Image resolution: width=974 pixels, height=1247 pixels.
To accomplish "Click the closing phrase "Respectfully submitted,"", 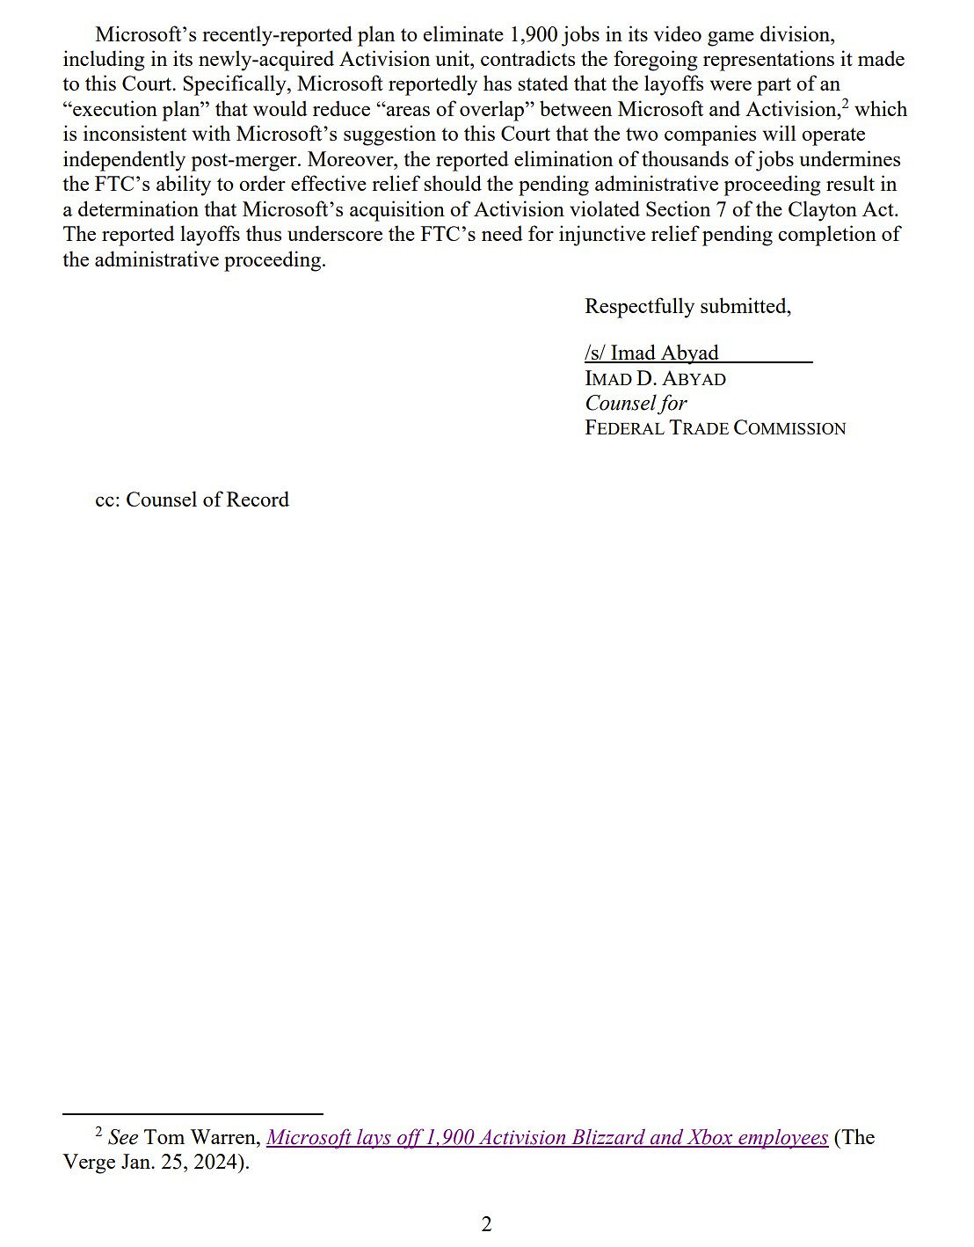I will pyautogui.click(x=687, y=306).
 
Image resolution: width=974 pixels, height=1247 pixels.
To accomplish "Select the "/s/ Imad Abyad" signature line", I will pyautogui.click(x=651, y=353).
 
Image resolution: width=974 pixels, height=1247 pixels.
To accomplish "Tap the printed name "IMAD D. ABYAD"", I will pyautogui.click(x=655, y=378).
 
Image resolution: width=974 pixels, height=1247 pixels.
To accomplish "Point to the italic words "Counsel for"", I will pyautogui.click(x=636, y=403).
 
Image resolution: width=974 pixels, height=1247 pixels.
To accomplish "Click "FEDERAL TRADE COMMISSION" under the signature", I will pyautogui.click(x=715, y=428).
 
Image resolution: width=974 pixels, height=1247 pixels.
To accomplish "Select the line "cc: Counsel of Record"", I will pyautogui.click(x=192, y=500).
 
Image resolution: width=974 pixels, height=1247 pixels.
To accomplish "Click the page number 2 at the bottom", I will pyautogui.click(x=486, y=1223).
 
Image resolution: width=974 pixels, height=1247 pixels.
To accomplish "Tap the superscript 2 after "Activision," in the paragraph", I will pyautogui.click(x=845, y=104).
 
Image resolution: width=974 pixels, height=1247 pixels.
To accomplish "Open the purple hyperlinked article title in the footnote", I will pyautogui.click(x=547, y=1137).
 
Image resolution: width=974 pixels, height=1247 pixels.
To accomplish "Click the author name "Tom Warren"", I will pyautogui.click(x=202, y=1137).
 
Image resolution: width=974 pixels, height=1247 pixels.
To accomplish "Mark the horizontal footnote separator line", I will pyautogui.click(x=193, y=1113).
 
